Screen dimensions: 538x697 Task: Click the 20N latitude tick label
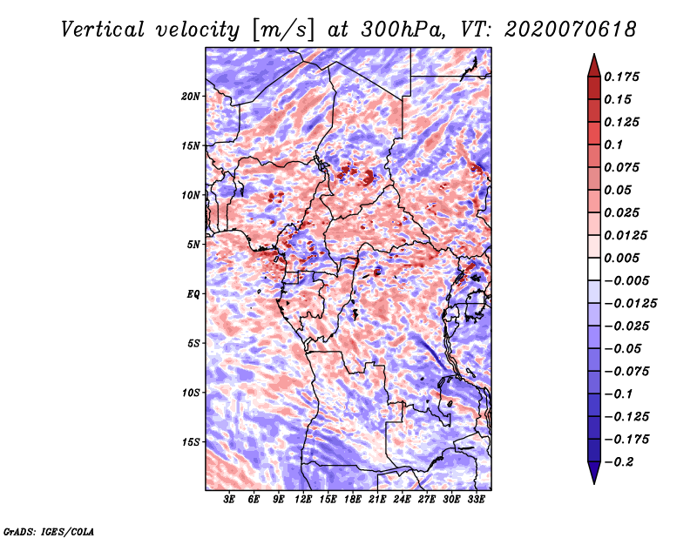coord(191,96)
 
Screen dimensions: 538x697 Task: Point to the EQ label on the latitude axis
coord(193,293)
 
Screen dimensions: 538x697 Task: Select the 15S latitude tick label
coord(191,441)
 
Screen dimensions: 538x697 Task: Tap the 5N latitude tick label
coord(193,245)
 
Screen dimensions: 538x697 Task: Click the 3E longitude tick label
coord(230,500)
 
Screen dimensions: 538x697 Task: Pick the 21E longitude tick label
coord(377,500)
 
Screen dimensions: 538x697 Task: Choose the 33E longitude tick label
coord(476,500)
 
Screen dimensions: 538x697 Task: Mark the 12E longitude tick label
coord(303,500)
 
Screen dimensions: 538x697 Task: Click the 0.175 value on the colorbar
coord(623,77)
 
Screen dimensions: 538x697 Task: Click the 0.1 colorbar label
coord(613,145)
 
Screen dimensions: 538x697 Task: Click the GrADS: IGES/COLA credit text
coord(48,530)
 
